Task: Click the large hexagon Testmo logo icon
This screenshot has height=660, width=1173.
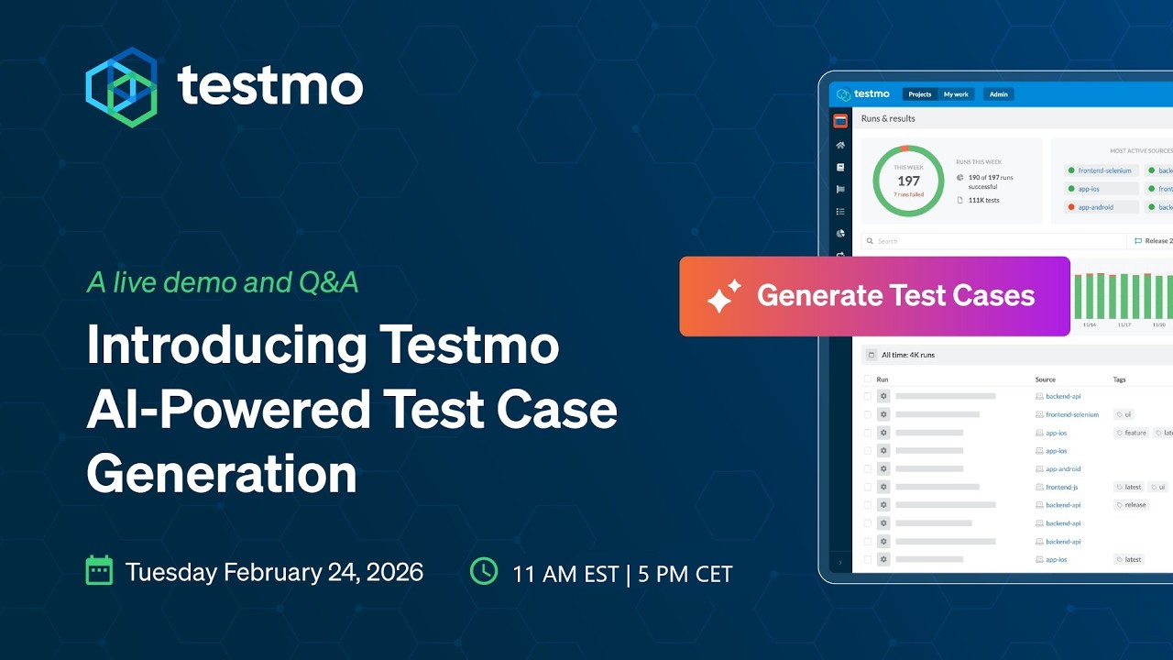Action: coord(121,87)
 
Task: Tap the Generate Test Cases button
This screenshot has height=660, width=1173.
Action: coord(874,296)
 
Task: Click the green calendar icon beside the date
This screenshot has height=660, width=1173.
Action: coord(99,570)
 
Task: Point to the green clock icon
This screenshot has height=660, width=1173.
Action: coord(484,570)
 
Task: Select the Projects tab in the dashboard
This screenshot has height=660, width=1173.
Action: coord(920,94)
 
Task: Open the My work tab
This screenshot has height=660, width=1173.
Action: coord(956,94)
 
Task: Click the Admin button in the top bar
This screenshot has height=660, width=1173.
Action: coord(998,94)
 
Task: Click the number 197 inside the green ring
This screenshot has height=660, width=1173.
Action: coord(908,181)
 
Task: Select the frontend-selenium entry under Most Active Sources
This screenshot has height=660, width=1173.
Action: coord(1104,170)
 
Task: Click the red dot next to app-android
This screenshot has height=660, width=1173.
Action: coord(1070,207)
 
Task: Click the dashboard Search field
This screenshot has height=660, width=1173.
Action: coord(990,241)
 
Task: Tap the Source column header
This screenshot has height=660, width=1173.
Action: coord(1045,379)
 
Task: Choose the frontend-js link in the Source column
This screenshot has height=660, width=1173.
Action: coord(1061,487)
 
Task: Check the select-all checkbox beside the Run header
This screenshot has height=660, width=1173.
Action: coord(868,379)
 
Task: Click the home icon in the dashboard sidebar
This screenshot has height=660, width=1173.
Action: coord(840,146)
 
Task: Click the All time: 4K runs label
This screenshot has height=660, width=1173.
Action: coord(907,355)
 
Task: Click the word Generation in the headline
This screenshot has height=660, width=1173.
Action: coord(221,474)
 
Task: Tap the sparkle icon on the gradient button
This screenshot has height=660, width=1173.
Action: coord(723,296)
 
